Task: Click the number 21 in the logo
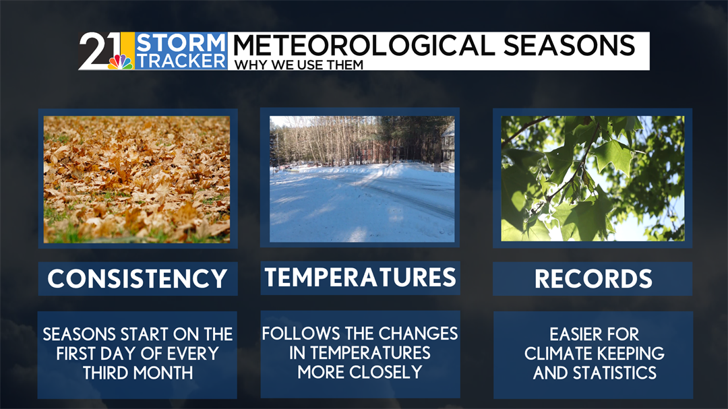tap(99, 50)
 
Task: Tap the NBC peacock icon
tap(121, 62)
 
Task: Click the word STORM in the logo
tap(181, 42)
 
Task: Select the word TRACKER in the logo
tap(181, 61)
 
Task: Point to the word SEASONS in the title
tap(569, 46)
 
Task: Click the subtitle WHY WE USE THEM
tap(299, 65)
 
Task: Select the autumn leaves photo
tap(137, 179)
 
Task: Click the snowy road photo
tap(362, 179)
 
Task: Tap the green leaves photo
tap(593, 179)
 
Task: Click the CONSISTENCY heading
tap(138, 278)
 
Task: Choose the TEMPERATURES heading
tap(360, 277)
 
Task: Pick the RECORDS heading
tap(593, 278)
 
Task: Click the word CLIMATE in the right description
tap(558, 353)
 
